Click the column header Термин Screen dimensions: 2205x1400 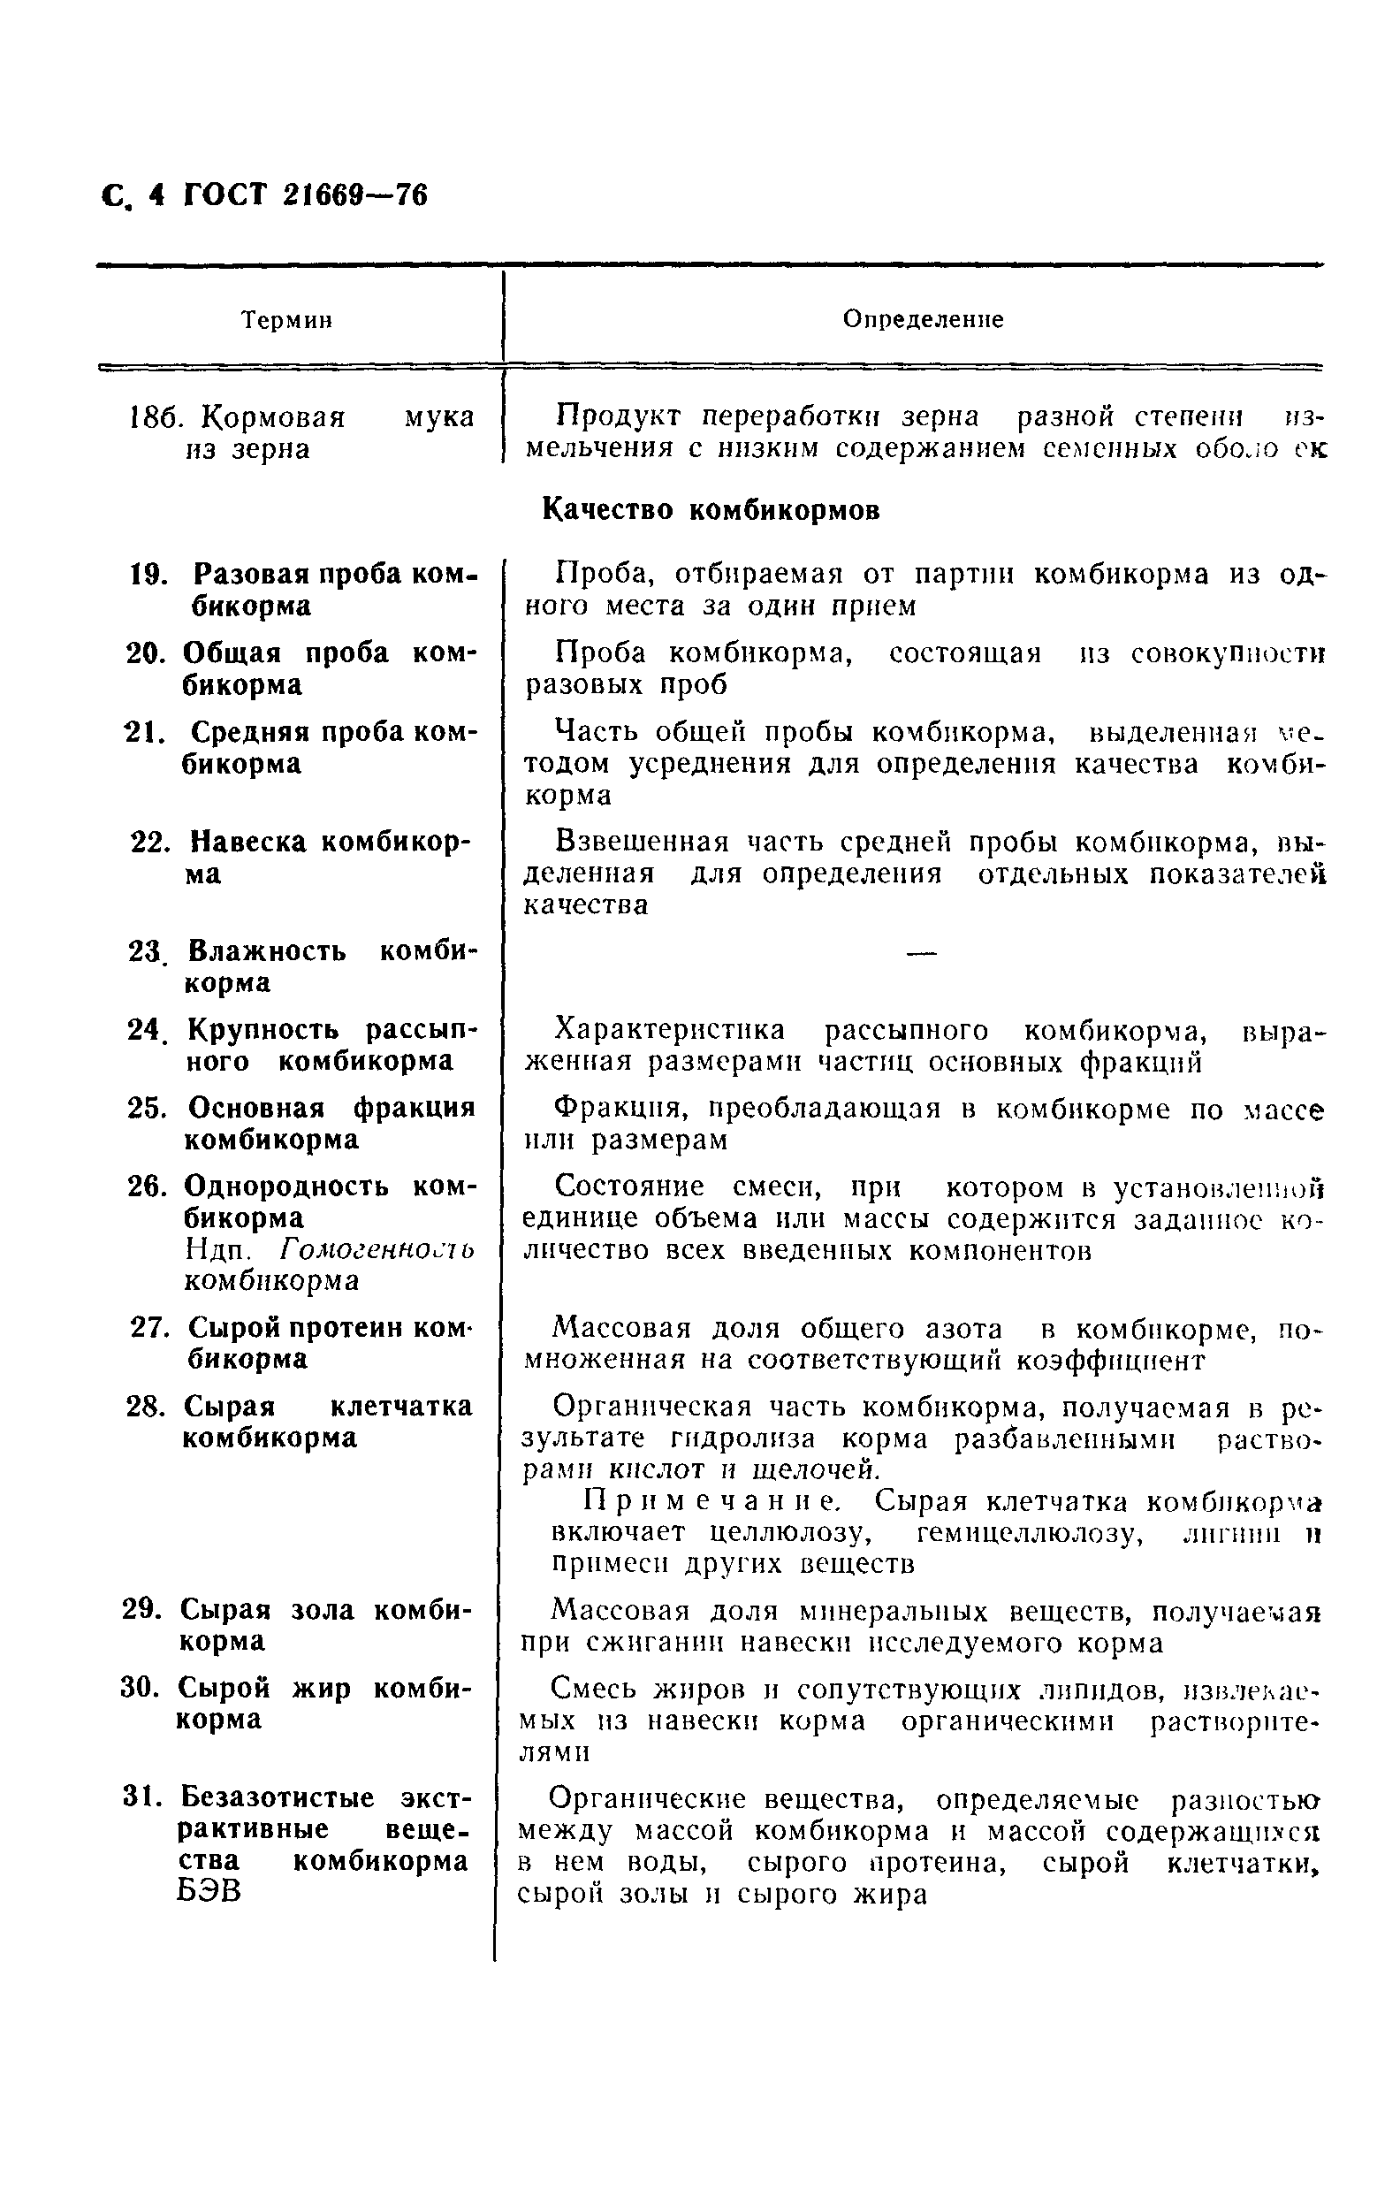coord(285,320)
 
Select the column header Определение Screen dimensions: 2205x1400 coord(922,319)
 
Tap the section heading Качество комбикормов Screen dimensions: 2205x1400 coord(711,510)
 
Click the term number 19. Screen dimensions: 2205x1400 coord(149,575)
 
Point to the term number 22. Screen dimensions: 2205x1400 coord(151,843)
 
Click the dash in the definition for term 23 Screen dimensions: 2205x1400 coord(921,954)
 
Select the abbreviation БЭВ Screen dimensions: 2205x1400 coord(209,1891)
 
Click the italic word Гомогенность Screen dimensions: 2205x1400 coord(377,1249)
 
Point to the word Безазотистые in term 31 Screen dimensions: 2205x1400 coord(278,1797)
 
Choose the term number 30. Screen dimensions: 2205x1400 coord(141,1688)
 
